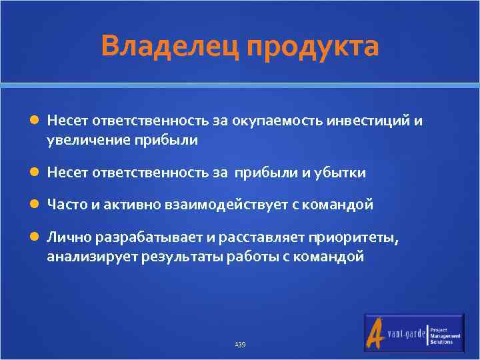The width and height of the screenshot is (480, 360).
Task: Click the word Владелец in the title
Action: [x=170, y=47]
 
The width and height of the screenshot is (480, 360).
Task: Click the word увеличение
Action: [x=85, y=140]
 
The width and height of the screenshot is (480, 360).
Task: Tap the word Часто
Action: [x=65, y=205]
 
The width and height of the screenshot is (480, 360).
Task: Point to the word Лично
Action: [x=69, y=238]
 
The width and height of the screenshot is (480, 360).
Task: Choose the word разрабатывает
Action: [x=147, y=238]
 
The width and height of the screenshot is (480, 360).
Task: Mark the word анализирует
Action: [x=92, y=257]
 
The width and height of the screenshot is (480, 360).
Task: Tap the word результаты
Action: [x=183, y=257]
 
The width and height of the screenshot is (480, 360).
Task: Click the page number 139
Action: [x=240, y=344]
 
